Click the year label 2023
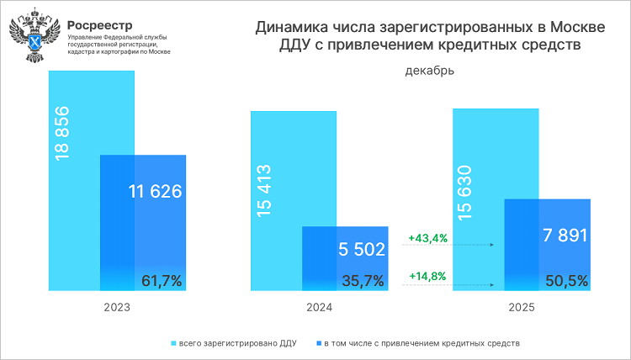(x=117, y=309)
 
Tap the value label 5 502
(x=361, y=250)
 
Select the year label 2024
(x=319, y=309)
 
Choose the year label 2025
(x=522, y=309)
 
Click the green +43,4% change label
(x=427, y=238)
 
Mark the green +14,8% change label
(x=427, y=276)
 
